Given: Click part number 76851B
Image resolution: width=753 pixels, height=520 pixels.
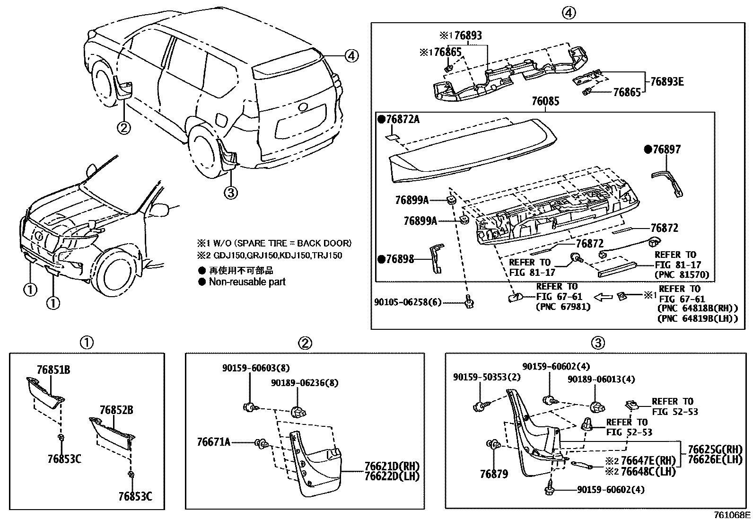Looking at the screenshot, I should (53, 370).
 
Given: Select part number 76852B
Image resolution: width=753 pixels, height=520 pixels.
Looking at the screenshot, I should (116, 410).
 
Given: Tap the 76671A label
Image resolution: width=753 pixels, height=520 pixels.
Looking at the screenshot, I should (213, 442).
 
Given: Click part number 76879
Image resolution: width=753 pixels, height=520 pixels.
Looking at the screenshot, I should (494, 474).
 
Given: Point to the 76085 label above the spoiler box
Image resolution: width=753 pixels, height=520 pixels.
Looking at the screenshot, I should (545, 101).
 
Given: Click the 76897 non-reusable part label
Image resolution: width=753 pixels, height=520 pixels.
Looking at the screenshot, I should (666, 150).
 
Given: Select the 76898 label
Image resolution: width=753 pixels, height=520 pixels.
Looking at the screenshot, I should (400, 259).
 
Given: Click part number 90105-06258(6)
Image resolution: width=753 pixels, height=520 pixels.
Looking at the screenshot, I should (407, 301).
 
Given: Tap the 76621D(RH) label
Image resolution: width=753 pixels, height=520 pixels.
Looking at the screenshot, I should (392, 466).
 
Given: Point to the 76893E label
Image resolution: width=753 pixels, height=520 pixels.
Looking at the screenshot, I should (666, 81).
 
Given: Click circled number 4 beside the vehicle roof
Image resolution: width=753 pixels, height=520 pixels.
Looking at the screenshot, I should (350, 56).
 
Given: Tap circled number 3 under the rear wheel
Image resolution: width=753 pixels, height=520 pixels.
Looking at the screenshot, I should (230, 192).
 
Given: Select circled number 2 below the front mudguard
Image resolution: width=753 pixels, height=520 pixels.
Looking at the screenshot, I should (123, 127).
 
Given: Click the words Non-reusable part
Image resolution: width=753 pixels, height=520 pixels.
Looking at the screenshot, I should (247, 282).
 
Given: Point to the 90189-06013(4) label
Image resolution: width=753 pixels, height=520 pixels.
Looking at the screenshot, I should (601, 379).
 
